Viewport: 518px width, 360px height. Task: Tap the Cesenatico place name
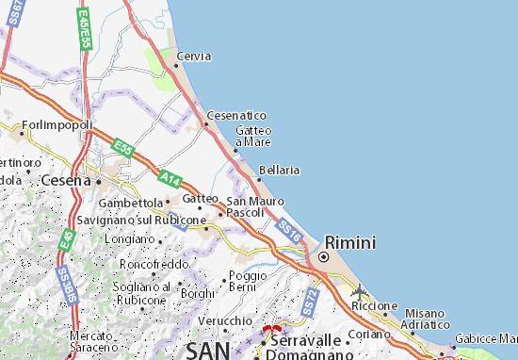click(236, 115)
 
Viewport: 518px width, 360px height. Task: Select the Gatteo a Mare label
click(253, 136)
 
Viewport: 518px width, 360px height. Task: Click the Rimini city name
click(350, 242)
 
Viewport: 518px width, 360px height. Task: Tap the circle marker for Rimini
click(323, 256)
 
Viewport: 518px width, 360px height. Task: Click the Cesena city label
click(63, 179)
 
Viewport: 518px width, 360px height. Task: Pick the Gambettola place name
click(131, 202)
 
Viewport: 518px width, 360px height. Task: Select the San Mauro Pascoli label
click(248, 205)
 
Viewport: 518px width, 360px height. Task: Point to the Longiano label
click(129, 239)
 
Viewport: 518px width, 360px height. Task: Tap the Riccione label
click(374, 306)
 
